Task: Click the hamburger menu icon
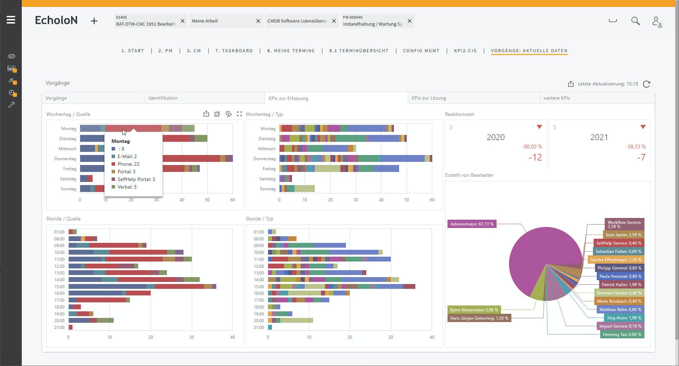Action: (11, 20)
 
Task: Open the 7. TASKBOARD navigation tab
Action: (234, 51)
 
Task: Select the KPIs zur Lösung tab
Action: (428, 98)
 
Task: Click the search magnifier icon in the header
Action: (635, 21)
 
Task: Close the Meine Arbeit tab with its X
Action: (258, 21)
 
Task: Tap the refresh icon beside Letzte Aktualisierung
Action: (647, 84)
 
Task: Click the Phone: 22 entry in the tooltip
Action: (128, 164)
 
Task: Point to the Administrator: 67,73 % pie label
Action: (472, 224)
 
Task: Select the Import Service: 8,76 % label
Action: (620, 326)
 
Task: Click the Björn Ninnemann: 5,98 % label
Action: (474, 310)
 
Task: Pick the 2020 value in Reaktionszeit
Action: (496, 137)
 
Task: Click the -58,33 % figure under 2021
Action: (635, 147)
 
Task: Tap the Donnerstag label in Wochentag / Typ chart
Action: (264, 159)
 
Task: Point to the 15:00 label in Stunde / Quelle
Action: (59, 287)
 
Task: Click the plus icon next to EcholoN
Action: (94, 21)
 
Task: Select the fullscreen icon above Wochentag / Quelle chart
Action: (239, 114)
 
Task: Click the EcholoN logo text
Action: (56, 20)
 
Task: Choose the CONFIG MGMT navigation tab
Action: (421, 51)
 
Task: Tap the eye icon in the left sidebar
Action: (11, 56)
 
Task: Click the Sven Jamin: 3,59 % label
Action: (623, 235)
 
